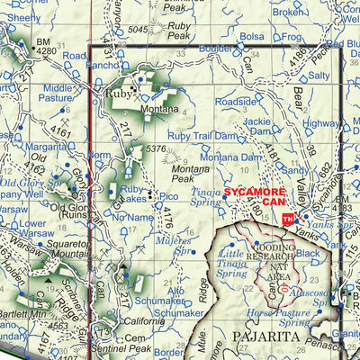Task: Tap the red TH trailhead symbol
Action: (x=287, y=220)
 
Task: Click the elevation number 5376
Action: (x=156, y=149)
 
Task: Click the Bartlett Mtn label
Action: (x=22, y=314)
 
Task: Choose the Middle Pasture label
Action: (x=57, y=93)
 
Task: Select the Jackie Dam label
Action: (x=256, y=125)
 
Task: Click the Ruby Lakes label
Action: (x=134, y=194)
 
